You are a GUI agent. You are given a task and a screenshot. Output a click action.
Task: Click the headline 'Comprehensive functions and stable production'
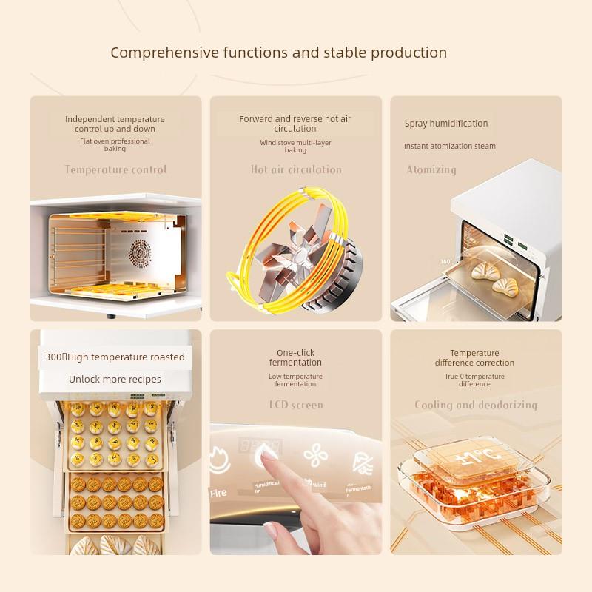tap(278, 53)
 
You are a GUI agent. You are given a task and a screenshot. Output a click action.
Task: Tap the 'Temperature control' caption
tap(115, 169)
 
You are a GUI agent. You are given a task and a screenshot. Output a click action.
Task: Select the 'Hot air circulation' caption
tap(296, 169)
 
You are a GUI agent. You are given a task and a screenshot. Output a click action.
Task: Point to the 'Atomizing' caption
tap(431, 169)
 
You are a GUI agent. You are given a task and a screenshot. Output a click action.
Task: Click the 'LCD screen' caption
tap(296, 405)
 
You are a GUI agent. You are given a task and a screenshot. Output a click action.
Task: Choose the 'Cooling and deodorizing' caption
tap(475, 405)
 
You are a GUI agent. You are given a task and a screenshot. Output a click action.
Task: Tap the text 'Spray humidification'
tap(446, 124)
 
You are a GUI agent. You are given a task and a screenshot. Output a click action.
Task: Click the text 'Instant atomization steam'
tap(450, 147)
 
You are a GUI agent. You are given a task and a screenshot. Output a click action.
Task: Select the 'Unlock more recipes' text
tap(115, 379)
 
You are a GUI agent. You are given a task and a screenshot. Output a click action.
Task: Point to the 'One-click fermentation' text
tap(295, 357)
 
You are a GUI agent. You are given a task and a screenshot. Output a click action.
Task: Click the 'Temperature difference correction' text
tap(474, 357)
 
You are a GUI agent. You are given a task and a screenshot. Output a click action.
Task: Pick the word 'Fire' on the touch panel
tap(219, 492)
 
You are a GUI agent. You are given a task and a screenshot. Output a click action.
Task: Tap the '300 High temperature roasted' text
tap(115, 357)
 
